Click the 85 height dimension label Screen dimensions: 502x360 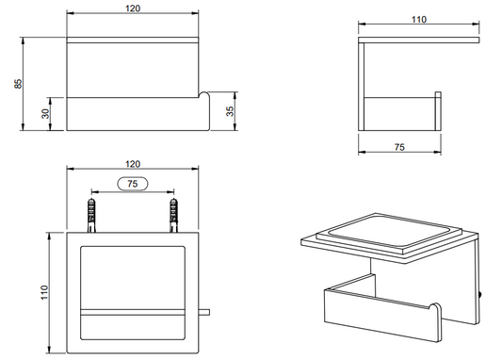pyautogui.click(x=19, y=84)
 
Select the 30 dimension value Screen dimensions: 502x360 pyautogui.click(x=46, y=113)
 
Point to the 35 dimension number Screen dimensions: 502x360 pyautogui.click(x=230, y=111)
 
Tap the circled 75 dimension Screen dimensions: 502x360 pyautogui.click(x=133, y=184)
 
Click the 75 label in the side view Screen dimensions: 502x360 pyautogui.click(x=399, y=147)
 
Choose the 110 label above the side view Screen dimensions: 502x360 pyautogui.click(x=419, y=20)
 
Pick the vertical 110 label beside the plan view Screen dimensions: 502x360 pyautogui.click(x=44, y=292)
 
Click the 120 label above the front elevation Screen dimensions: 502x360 pyautogui.click(x=133, y=8)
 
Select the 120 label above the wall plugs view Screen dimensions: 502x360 pyautogui.click(x=133, y=164)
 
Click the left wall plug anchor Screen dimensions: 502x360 pyautogui.click(x=91, y=215)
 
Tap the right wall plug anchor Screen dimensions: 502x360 pyautogui.click(x=173, y=215)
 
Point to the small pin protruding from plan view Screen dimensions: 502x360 pyautogui.click(x=204, y=312)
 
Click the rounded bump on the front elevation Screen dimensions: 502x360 pyautogui.click(x=203, y=95)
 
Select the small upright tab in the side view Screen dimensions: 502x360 pyautogui.click(x=438, y=111)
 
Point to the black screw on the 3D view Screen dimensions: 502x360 pyautogui.click(x=479, y=295)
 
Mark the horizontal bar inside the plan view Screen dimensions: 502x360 pyautogui.click(x=133, y=312)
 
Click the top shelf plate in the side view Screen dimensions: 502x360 pyautogui.click(x=419, y=40)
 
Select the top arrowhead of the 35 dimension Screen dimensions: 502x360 pyautogui.click(x=235, y=94)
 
